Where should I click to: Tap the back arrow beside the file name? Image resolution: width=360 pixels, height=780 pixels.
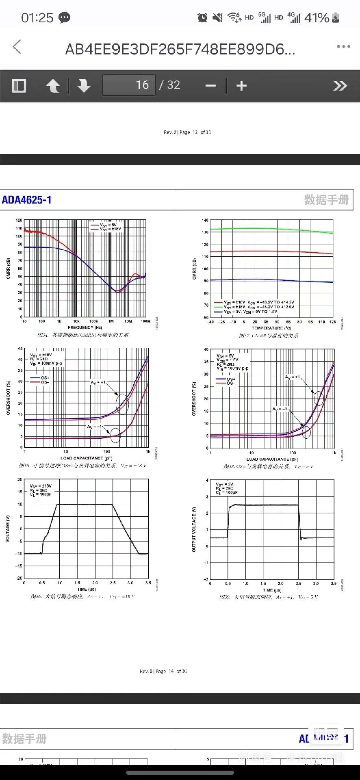click(x=17, y=47)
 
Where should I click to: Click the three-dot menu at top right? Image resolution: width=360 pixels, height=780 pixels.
click(x=343, y=47)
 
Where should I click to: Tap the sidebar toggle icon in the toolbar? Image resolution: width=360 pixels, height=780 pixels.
click(x=19, y=86)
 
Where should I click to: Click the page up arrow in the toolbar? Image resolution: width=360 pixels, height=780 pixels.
click(x=53, y=86)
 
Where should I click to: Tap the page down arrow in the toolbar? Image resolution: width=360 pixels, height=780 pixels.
click(x=84, y=86)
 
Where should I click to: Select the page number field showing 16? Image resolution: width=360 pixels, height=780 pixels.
click(x=129, y=85)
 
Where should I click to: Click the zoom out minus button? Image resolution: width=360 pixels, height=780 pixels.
click(x=210, y=86)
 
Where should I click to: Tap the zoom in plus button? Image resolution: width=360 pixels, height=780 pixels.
click(x=241, y=86)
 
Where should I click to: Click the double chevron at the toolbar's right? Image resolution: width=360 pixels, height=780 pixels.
click(x=340, y=86)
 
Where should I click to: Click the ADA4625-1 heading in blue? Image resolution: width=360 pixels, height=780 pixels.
click(x=27, y=200)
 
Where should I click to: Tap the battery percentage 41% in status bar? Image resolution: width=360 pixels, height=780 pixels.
click(x=317, y=17)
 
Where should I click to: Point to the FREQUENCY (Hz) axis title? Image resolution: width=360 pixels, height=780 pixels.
click(x=85, y=327)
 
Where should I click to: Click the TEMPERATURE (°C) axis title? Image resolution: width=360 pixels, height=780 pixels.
click(x=271, y=328)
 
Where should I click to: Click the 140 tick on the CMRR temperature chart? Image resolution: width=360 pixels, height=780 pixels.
click(x=205, y=220)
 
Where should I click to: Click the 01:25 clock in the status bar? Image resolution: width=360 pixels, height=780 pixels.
click(x=37, y=17)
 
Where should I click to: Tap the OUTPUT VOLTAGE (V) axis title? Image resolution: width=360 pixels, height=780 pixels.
click(x=194, y=529)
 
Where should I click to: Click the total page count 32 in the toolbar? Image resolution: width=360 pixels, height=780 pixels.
click(x=173, y=85)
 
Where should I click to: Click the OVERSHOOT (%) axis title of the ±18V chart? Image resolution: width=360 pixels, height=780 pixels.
click(x=8, y=398)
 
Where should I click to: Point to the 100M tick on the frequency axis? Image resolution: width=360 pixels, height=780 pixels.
click(x=145, y=321)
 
